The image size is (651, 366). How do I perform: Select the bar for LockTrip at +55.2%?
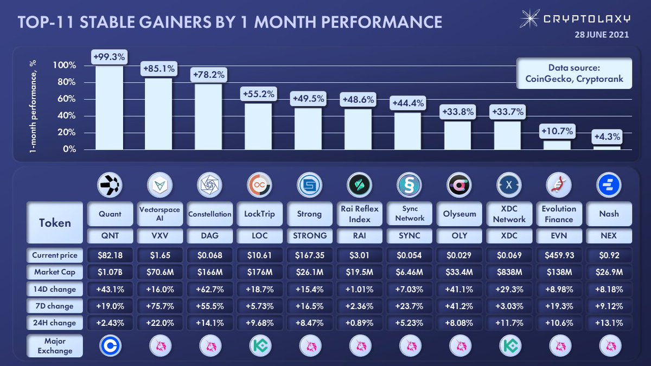pos(258,126)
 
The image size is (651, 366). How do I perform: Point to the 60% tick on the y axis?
pos(65,99)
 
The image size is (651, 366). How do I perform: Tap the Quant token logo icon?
pos(110,186)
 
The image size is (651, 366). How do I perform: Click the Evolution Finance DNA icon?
pos(559,186)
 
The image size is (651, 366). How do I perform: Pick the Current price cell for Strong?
pos(309,255)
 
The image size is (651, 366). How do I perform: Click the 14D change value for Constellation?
pos(209,289)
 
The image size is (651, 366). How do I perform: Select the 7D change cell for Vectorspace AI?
pos(159,306)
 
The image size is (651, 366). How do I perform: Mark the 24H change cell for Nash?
pos(609,323)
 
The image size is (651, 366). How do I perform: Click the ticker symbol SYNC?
pos(409,235)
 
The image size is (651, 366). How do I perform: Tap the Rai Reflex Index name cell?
pos(359,214)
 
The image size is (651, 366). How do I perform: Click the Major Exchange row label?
pos(55,346)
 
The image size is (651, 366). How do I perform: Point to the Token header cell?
pos(55,222)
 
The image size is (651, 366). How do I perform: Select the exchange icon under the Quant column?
pos(110,345)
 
